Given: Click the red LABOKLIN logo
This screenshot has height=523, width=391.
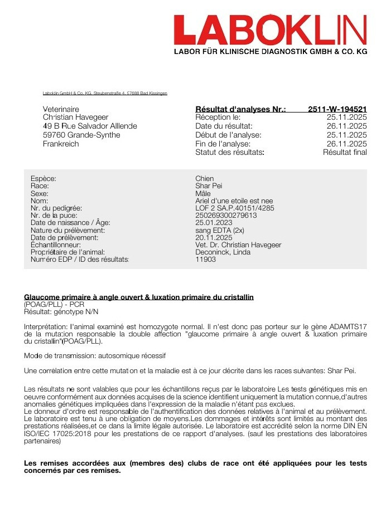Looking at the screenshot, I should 270,30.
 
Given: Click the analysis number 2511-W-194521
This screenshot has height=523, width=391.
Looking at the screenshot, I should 337,109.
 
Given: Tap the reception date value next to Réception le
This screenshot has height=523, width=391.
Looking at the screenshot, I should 346,118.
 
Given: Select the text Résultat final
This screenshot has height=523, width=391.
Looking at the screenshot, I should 345,152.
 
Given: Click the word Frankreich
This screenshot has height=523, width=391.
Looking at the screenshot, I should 61,144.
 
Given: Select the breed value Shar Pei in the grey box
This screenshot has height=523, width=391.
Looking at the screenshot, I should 209,186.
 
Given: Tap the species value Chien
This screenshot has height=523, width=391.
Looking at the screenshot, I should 204,179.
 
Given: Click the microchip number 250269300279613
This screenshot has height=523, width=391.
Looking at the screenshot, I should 226,215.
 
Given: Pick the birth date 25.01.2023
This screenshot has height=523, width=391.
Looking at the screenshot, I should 214,222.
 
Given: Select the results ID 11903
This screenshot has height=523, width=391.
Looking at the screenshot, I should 205,259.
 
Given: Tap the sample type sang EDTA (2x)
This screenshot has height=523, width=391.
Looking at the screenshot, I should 220,230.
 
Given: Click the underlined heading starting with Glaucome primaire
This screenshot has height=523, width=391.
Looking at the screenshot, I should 139,297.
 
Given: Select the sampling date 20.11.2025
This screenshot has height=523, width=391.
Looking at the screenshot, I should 214,237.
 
